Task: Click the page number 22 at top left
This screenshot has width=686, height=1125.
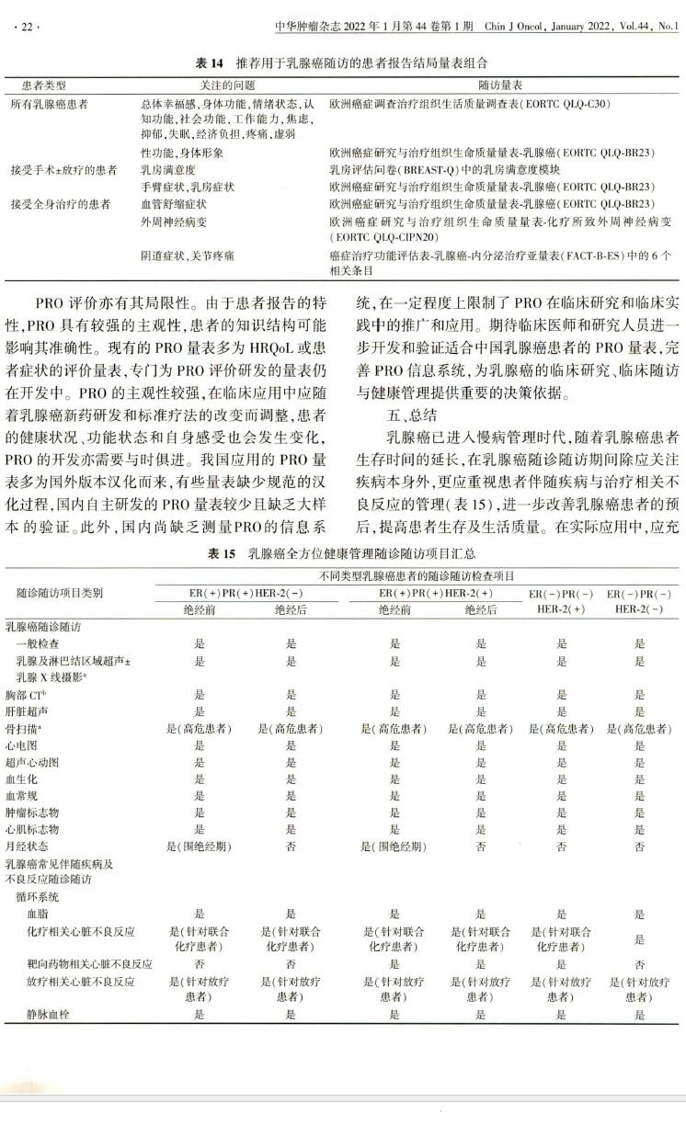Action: pos(26,27)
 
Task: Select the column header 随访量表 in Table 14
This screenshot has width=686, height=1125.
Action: pos(498,85)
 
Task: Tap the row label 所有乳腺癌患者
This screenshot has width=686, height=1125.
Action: pos(50,104)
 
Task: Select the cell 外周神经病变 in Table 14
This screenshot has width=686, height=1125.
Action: pos(168,222)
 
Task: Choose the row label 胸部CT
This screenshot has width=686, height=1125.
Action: pos(27,696)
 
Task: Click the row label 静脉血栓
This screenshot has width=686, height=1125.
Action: pos(45,1014)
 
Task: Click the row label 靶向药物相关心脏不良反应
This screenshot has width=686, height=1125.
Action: pos(88,964)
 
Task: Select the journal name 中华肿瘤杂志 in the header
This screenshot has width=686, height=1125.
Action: pos(308,27)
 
